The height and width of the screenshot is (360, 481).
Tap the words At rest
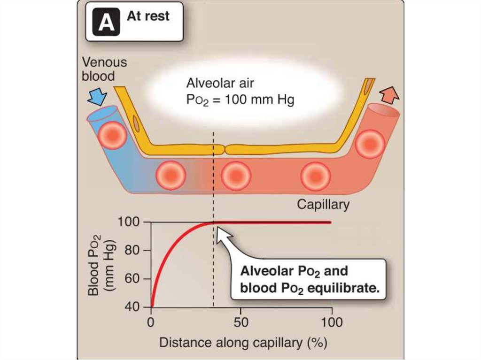148,16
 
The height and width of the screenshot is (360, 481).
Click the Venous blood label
104,69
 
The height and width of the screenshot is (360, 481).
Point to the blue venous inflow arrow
97,96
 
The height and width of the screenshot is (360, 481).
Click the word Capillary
323,205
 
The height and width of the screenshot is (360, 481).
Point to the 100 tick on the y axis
132,222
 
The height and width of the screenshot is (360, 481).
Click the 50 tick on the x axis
240,322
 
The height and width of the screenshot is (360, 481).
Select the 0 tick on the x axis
151,322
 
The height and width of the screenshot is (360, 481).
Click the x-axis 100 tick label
332,322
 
